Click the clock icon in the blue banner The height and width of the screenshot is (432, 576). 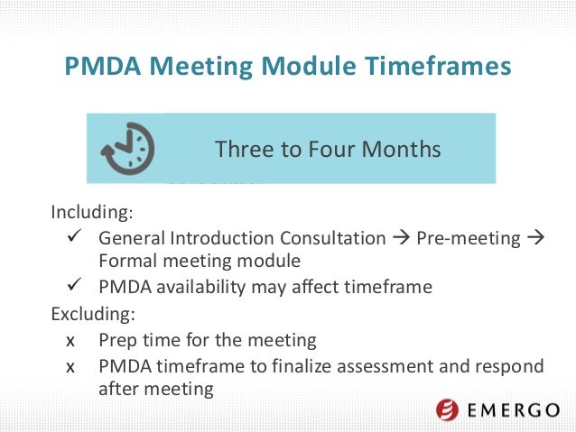[x=127, y=147]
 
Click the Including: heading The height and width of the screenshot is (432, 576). [x=91, y=215]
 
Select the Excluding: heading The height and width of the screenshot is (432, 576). [x=92, y=316]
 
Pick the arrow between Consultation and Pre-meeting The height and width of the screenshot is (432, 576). [x=401, y=239]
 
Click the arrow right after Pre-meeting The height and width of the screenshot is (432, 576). [x=532, y=239]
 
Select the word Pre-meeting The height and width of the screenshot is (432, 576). [x=468, y=239]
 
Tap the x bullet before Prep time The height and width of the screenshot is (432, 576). [x=71, y=342]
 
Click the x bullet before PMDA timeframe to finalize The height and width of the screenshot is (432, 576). [x=71, y=366]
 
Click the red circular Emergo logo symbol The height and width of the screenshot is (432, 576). [x=448, y=410]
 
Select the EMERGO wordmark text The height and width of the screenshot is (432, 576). [x=514, y=411]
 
